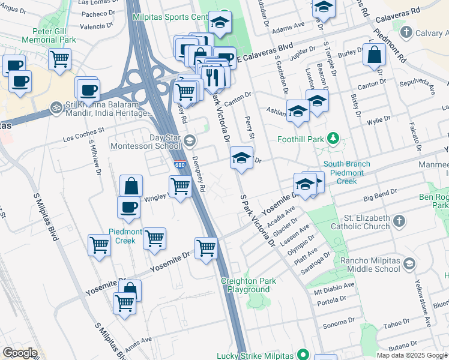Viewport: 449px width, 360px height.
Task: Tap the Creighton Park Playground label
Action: [x=249, y=285]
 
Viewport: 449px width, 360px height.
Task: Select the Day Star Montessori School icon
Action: [x=189, y=142]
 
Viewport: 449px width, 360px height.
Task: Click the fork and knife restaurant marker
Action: [x=211, y=76]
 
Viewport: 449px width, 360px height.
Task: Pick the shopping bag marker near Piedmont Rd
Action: [x=374, y=54]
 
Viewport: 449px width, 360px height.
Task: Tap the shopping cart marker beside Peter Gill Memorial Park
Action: [x=59, y=59]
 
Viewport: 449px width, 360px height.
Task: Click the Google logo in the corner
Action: [x=19, y=353]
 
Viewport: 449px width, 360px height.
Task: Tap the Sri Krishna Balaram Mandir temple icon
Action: [x=56, y=106]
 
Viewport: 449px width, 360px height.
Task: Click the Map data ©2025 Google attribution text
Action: [x=412, y=355]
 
